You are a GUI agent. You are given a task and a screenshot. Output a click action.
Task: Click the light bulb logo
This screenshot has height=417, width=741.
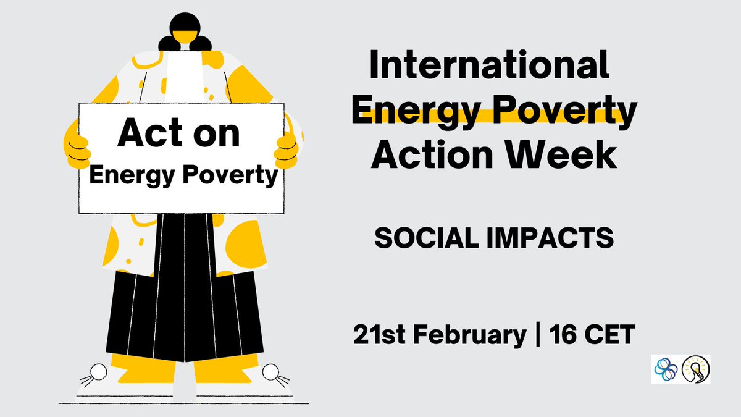coord(696,369)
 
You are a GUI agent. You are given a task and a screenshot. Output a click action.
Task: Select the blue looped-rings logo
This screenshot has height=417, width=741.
coord(665,369)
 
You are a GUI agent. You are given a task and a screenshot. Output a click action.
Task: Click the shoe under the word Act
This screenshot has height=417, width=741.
coord(117,374)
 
